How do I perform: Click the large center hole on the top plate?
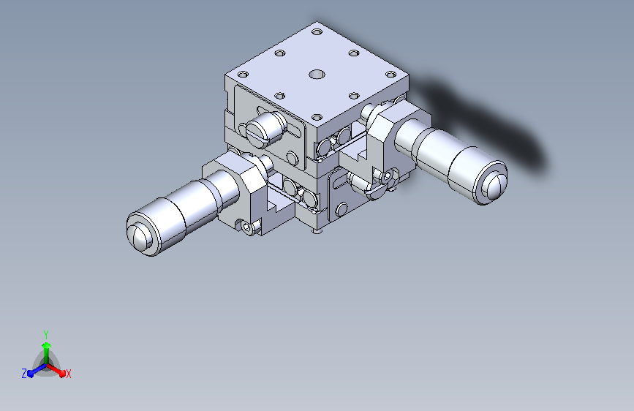pos(317,75)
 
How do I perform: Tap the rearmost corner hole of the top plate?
pos(317,31)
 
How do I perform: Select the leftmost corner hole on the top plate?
pos(243,75)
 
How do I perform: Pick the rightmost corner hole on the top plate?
pos(390,75)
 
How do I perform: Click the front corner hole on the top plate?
pos(317,117)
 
